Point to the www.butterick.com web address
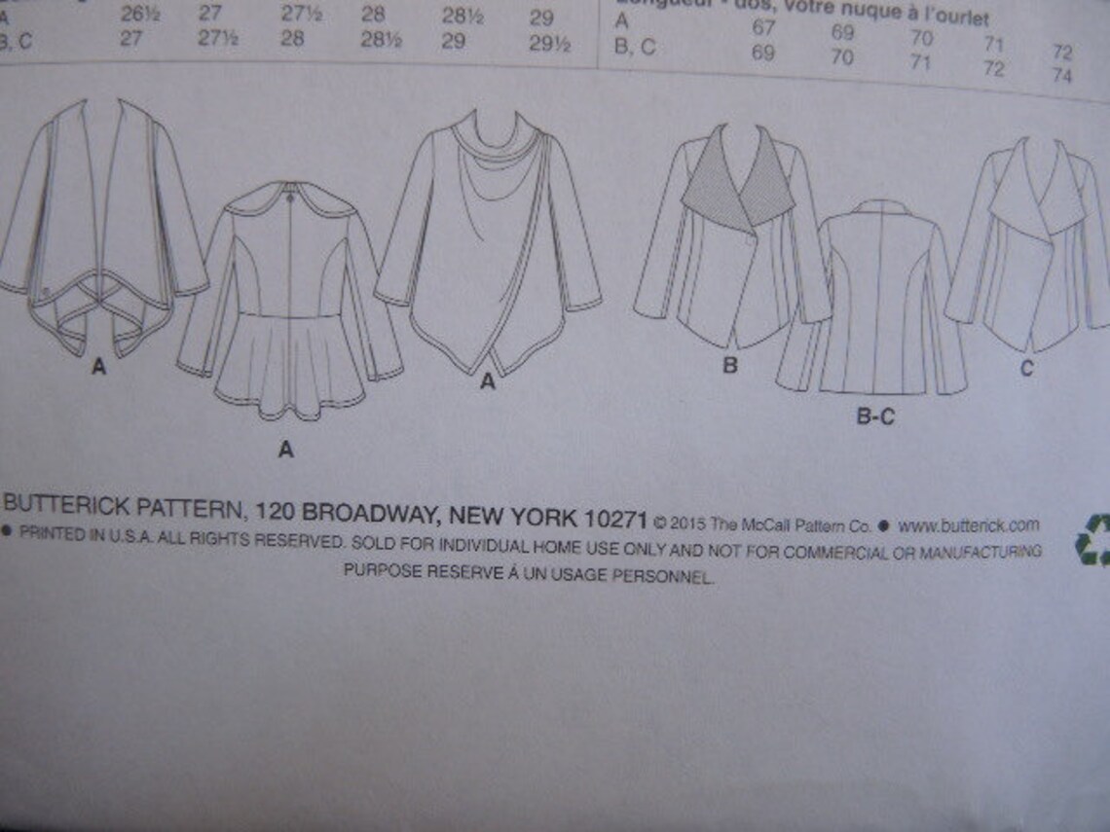click(x=968, y=525)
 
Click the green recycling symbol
click(x=1093, y=539)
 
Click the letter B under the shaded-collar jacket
click(x=729, y=367)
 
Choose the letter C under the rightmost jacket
click(x=1026, y=369)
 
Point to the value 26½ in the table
click(x=135, y=15)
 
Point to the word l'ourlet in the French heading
click(x=957, y=18)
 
